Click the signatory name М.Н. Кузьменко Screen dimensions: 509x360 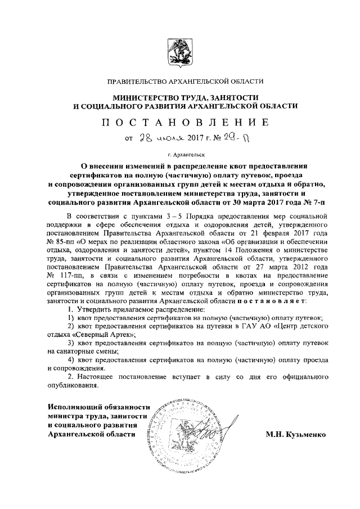pyautogui.click(x=295, y=434)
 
